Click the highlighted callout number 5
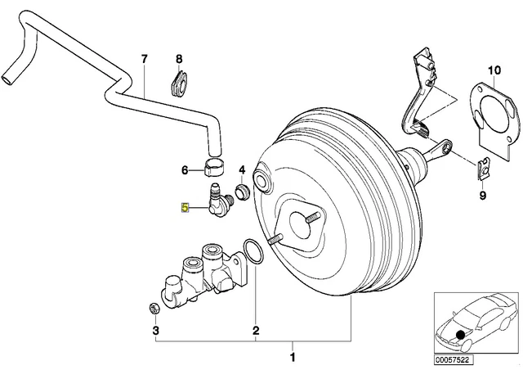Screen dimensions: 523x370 point(186,208)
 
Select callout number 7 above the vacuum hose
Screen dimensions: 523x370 point(144,60)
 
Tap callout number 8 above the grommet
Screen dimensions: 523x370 point(179,60)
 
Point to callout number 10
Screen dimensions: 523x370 point(494,70)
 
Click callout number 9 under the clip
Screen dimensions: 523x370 point(483,195)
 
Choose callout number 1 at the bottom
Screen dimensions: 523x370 point(293,357)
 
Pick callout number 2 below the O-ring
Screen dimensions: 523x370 point(256,331)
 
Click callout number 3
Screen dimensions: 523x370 point(156,331)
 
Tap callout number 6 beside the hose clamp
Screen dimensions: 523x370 point(185,170)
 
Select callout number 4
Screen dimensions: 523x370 point(242,170)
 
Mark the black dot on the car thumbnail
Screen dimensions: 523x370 point(461,334)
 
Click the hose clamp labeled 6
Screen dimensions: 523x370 point(214,167)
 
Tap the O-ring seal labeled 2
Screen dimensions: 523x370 point(254,252)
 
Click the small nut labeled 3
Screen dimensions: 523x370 point(154,308)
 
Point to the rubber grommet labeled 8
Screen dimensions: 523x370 point(178,83)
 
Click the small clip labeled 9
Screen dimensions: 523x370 point(483,169)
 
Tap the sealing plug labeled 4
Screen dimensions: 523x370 point(242,192)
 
